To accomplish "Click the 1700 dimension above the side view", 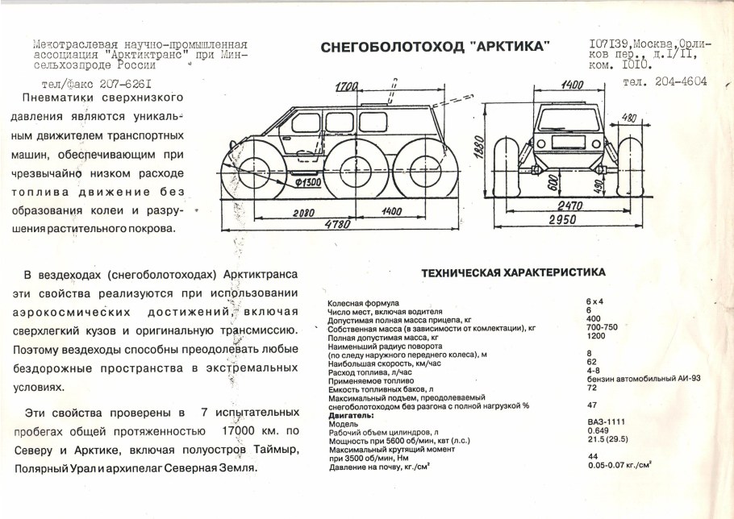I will click(x=348, y=85).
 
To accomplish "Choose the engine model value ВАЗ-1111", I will click(x=602, y=422).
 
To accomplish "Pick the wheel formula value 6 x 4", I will click(x=595, y=301).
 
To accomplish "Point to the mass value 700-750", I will click(x=602, y=328).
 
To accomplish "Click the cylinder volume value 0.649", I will click(x=596, y=431).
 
